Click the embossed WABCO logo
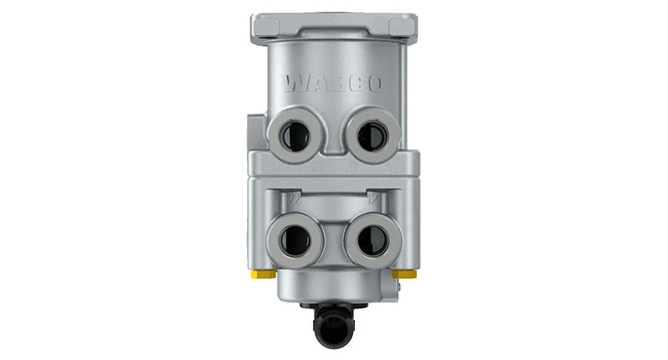pyautogui.click(x=333, y=84)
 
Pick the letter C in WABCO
pyautogui.click(x=354, y=84)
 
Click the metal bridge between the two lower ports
pyautogui.click(x=333, y=238)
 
